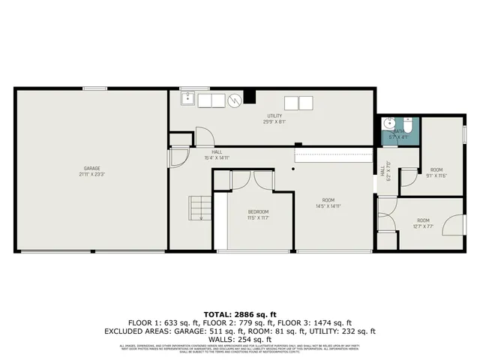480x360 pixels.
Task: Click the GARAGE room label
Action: click(x=92, y=168)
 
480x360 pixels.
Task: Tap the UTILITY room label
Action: click(x=274, y=115)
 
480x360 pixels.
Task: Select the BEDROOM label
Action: click(x=258, y=212)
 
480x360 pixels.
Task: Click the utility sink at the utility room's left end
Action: click(x=187, y=99)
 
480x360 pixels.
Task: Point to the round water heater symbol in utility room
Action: click(x=235, y=100)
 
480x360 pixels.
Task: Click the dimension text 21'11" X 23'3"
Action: click(x=92, y=174)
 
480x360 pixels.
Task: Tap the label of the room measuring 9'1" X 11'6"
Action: click(x=436, y=170)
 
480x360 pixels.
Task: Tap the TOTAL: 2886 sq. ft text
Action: click(x=240, y=313)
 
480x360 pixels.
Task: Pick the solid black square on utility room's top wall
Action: click(x=250, y=96)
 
